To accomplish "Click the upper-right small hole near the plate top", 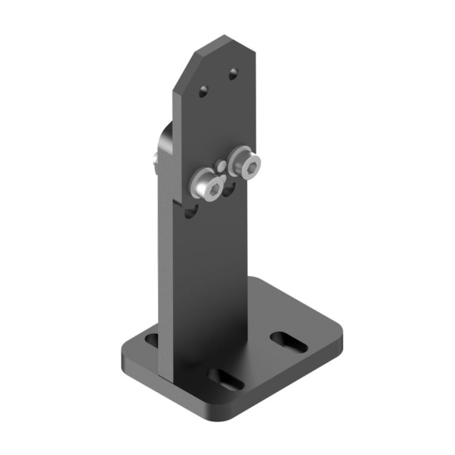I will [x=233, y=73].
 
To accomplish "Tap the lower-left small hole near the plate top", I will [x=203, y=91].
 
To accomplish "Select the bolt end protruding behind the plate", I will [x=154, y=158].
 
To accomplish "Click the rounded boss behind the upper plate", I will [x=165, y=142].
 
